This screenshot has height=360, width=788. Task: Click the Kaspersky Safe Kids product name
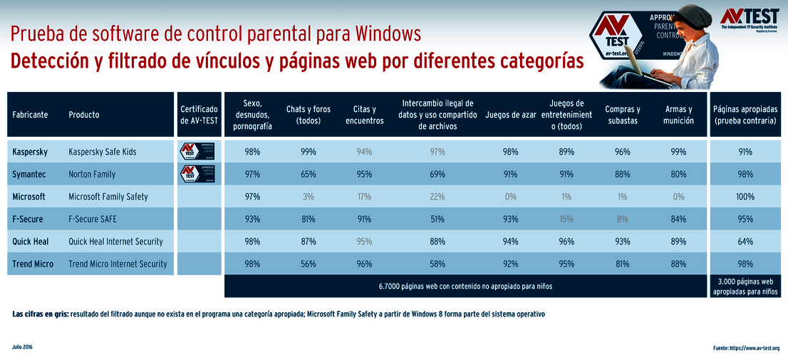(x=102, y=152)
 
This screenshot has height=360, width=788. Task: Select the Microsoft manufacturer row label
(x=28, y=196)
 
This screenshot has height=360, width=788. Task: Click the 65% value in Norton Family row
(x=309, y=174)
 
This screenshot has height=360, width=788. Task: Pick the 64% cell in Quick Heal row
(x=745, y=241)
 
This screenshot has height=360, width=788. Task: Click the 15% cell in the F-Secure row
(x=566, y=219)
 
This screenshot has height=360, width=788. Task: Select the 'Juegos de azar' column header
(x=511, y=114)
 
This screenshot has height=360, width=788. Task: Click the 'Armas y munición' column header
(x=679, y=114)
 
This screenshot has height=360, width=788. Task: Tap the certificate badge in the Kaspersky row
(x=198, y=151)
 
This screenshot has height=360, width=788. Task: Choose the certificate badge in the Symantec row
(x=198, y=173)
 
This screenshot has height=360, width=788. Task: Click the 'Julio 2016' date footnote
(x=23, y=347)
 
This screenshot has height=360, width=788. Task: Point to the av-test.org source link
(x=746, y=349)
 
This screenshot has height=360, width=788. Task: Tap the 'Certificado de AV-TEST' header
(x=199, y=114)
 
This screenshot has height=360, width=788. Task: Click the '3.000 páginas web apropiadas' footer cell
(x=745, y=287)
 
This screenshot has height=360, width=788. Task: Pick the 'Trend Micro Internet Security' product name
(x=118, y=264)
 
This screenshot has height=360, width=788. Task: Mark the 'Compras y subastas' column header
(x=623, y=114)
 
